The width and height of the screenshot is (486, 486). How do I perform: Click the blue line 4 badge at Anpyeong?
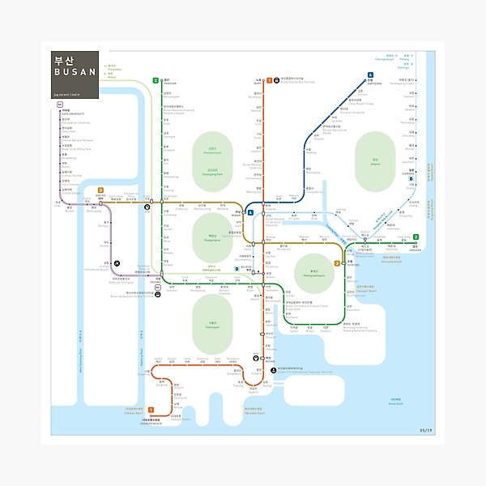pos(369,75)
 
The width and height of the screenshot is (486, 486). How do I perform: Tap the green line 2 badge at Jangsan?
pos(416,237)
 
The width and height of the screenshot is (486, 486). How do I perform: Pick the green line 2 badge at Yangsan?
pos(155,81)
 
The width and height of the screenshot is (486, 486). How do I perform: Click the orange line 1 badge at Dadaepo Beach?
pos(150,411)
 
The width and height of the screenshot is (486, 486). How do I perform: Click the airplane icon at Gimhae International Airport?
pos(117,262)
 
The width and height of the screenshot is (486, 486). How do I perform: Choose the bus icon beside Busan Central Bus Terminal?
pos(277,81)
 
